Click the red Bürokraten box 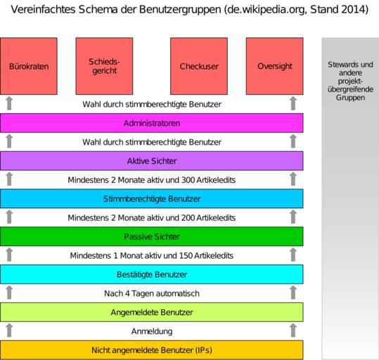29,66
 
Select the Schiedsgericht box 104,66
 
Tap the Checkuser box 199,66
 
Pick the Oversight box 274,66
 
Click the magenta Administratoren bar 152,123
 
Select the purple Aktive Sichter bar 152,161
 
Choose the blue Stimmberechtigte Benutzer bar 152,199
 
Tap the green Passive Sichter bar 152,236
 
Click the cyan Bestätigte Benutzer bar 152,274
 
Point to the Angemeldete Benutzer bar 152,312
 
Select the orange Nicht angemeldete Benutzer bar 152,350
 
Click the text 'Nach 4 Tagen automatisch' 152,293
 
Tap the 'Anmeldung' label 152,331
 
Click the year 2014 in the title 353,10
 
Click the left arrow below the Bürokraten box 9,103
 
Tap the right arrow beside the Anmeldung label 293,330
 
